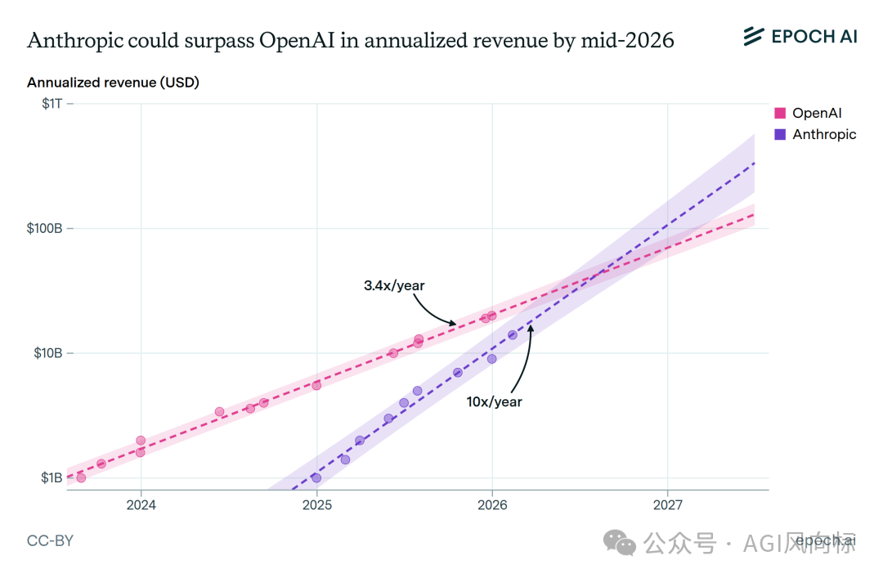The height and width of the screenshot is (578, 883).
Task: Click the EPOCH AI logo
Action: tap(800, 36)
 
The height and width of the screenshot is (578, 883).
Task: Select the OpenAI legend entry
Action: tap(816, 114)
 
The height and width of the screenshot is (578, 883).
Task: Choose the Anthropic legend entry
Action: tap(823, 134)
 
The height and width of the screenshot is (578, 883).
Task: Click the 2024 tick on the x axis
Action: tap(141, 504)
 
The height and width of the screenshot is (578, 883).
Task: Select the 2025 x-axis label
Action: tap(316, 504)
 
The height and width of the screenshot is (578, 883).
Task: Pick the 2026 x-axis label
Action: tap(492, 504)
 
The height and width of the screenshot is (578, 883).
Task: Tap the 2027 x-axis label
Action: tap(668, 504)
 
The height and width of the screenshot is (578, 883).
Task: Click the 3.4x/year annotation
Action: tap(394, 285)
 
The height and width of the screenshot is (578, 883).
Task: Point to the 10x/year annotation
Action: tap(494, 401)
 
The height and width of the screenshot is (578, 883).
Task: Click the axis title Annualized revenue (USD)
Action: tap(113, 83)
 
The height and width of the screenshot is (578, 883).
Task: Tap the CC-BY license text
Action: tap(50, 541)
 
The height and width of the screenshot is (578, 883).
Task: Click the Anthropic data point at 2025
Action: tap(316, 478)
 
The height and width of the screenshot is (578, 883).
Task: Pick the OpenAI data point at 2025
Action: tap(316, 385)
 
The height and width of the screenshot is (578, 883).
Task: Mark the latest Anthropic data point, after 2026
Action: tap(513, 334)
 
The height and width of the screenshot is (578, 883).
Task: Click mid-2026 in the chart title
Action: tap(628, 41)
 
